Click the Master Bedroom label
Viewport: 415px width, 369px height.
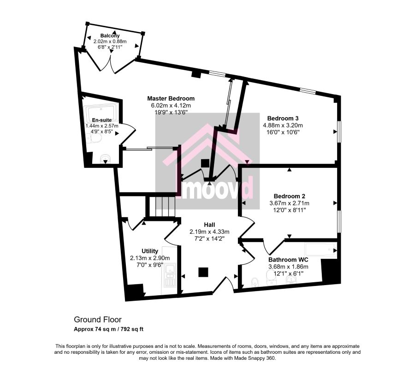171,98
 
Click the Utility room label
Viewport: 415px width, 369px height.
150,251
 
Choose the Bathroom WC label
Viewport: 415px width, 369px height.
288,260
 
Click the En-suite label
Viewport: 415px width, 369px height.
102,120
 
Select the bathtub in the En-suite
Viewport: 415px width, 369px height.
102,112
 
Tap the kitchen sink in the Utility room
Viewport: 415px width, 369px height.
169,275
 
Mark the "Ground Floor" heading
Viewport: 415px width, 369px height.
98,319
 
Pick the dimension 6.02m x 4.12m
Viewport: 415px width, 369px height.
171,105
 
